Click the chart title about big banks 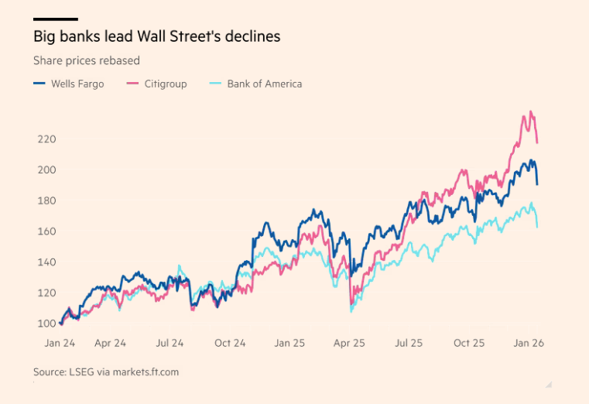pyautogui.click(x=156, y=36)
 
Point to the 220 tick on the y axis pyautogui.click(x=46, y=139)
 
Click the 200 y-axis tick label pyautogui.click(x=46, y=170)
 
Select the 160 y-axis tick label pyautogui.click(x=46, y=231)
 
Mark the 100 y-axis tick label pyautogui.click(x=46, y=324)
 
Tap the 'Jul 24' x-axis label pyautogui.click(x=170, y=343)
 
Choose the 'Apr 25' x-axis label pyautogui.click(x=349, y=343)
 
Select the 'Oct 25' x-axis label pyautogui.click(x=469, y=343)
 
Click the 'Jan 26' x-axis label pyautogui.click(x=529, y=343)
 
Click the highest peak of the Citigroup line pyautogui.click(x=531, y=111)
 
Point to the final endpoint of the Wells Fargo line pyautogui.click(x=538, y=184)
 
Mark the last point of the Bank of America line pyautogui.click(x=538, y=226)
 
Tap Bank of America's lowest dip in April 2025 pyautogui.click(x=351, y=311)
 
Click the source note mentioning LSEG pyautogui.click(x=105, y=372)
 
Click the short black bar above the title pyautogui.click(x=55, y=19)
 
